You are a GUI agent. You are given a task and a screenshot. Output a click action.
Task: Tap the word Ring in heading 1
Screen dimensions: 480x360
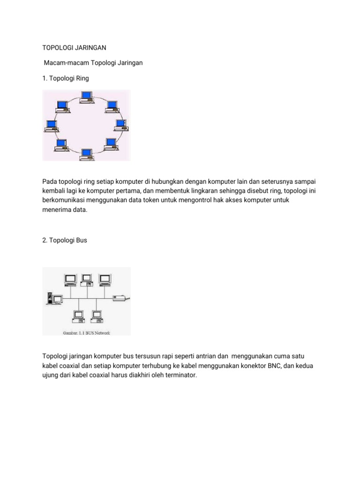click(x=81, y=78)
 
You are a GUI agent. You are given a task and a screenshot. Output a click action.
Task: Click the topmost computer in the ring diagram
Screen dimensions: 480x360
click(x=86, y=97)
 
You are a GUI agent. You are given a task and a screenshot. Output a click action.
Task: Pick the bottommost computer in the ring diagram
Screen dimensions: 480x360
click(x=86, y=154)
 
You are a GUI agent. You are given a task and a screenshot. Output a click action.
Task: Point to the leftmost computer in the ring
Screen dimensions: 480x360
click(x=51, y=126)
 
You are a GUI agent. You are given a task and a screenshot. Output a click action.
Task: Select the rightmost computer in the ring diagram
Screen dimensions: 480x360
click(x=121, y=126)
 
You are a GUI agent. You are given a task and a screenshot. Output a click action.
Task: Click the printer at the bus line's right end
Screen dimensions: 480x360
click(x=120, y=297)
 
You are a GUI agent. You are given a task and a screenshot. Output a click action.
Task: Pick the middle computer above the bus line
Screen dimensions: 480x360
click(x=87, y=280)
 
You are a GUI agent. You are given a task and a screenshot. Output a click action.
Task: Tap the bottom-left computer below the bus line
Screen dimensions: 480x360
click(x=77, y=316)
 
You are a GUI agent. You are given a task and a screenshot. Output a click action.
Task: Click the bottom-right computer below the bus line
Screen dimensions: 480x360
click(x=96, y=316)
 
